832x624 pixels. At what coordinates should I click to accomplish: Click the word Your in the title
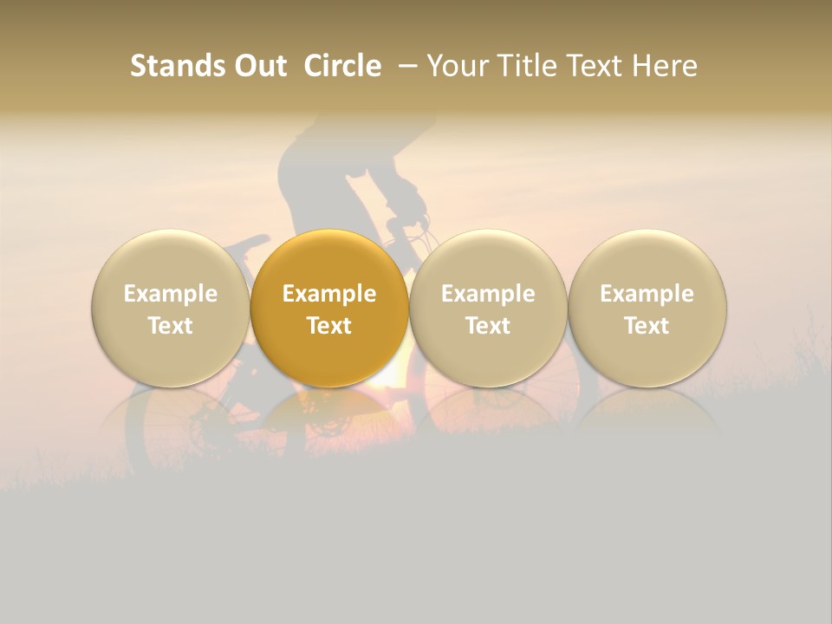[455, 66]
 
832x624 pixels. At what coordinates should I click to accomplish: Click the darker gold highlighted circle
[329, 309]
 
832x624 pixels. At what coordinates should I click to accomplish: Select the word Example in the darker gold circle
[329, 294]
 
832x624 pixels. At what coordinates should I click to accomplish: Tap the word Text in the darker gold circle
[329, 326]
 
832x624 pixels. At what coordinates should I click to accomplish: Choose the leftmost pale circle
[170, 309]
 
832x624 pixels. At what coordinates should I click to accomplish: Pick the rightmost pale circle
[647, 309]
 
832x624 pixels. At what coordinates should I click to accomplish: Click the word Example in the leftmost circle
[170, 294]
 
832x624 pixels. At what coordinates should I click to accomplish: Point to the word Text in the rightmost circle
[647, 326]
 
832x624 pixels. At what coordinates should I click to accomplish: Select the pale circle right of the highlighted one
[488, 309]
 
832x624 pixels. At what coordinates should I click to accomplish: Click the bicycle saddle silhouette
[250, 244]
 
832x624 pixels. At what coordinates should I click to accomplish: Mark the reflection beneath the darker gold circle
[329, 412]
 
